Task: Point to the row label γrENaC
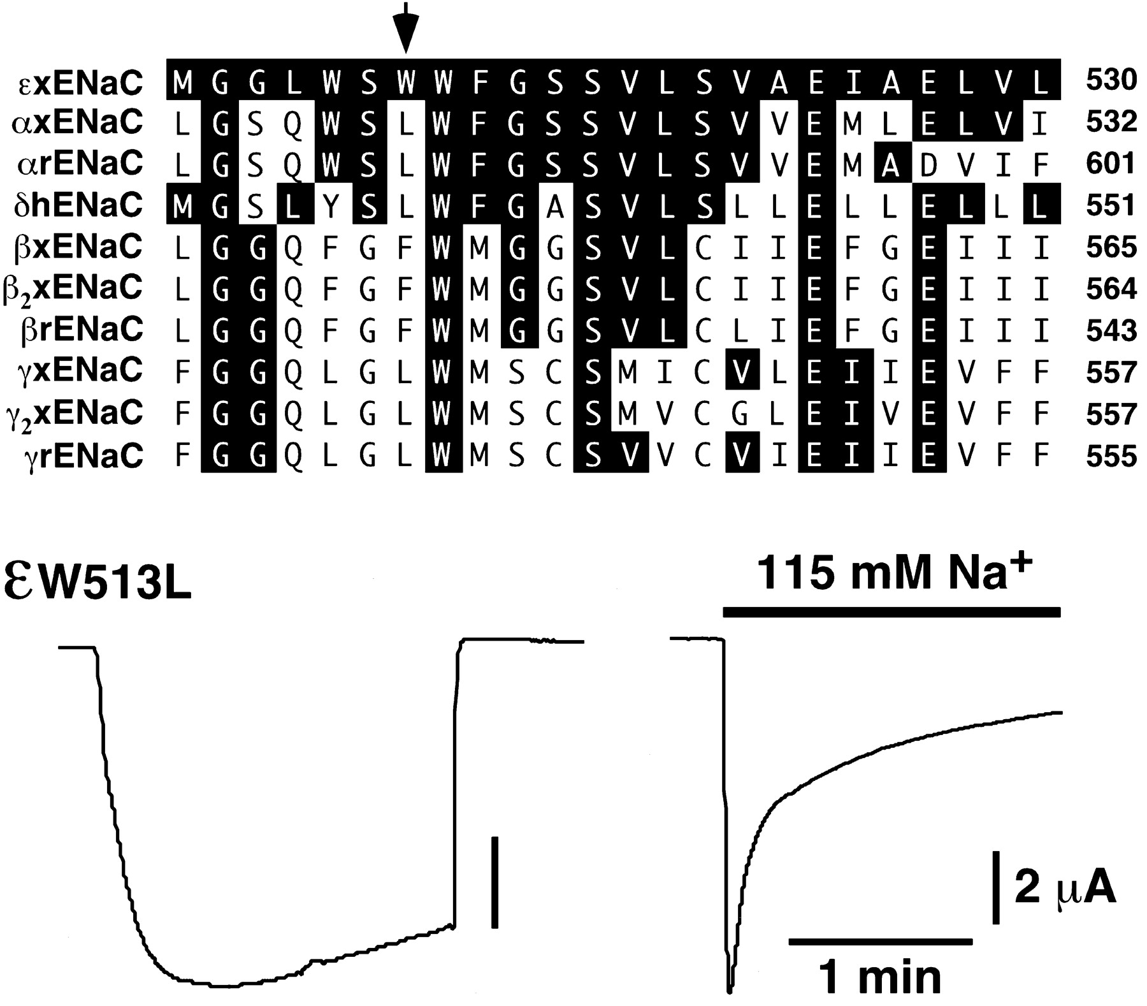(80, 456)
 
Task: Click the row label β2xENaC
(73, 289)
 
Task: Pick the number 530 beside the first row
(1110, 81)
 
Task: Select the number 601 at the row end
(1110, 164)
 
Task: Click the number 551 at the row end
(1110, 205)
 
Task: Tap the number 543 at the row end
(1110, 331)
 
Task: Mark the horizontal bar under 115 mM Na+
(891, 613)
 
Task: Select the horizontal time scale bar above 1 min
(880, 941)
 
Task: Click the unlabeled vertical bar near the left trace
(494, 882)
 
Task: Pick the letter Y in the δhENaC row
(330, 205)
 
